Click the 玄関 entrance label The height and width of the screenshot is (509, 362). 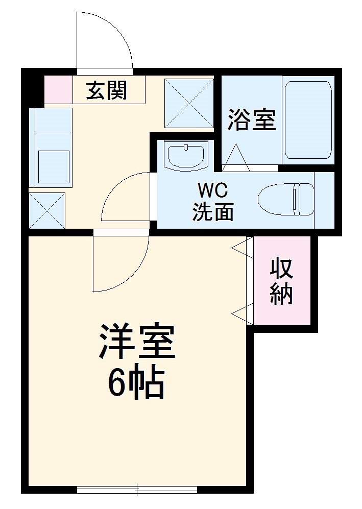(x=106, y=90)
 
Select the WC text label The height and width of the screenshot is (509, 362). (x=212, y=191)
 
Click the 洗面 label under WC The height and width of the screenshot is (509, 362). (x=212, y=211)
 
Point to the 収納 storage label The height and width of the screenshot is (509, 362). (x=281, y=281)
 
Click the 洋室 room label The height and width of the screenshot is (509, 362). (x=137, y=342)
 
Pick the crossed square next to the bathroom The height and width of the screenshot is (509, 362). (x=189, y=103)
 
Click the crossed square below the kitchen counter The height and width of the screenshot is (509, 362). (x=47, y=210)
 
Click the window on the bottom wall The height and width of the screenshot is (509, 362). (x=137, y=490)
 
